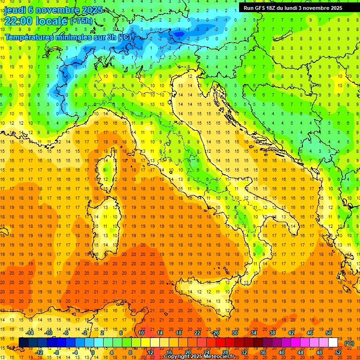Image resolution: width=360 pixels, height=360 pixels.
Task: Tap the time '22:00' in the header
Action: pyautogui.click(x=22, y=21)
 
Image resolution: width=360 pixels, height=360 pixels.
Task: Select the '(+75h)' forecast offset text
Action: pyautogui.click(x=81, y=21)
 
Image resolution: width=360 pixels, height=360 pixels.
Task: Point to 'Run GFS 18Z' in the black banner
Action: pyautogui.click(x=260, y=8)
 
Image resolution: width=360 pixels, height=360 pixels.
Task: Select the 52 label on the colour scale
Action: pyautogui.click(x=338, y=352)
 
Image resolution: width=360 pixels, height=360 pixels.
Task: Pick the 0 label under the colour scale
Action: pyautogui.click(x=93, y=352)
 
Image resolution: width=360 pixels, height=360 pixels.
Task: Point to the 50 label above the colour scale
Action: pyautogui.click(x=328, y=333)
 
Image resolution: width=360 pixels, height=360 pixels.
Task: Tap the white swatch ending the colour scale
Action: pyautogui.click(x=333, y=343)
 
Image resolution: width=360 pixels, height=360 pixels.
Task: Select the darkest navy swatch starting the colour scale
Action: pyautogui.click(x=24, y=343)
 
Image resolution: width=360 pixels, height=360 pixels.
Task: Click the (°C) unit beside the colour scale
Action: pyautogui.click(x=349, y=343)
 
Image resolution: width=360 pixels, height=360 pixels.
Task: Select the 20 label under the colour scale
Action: pyautogui.click(x=187, y=352)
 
